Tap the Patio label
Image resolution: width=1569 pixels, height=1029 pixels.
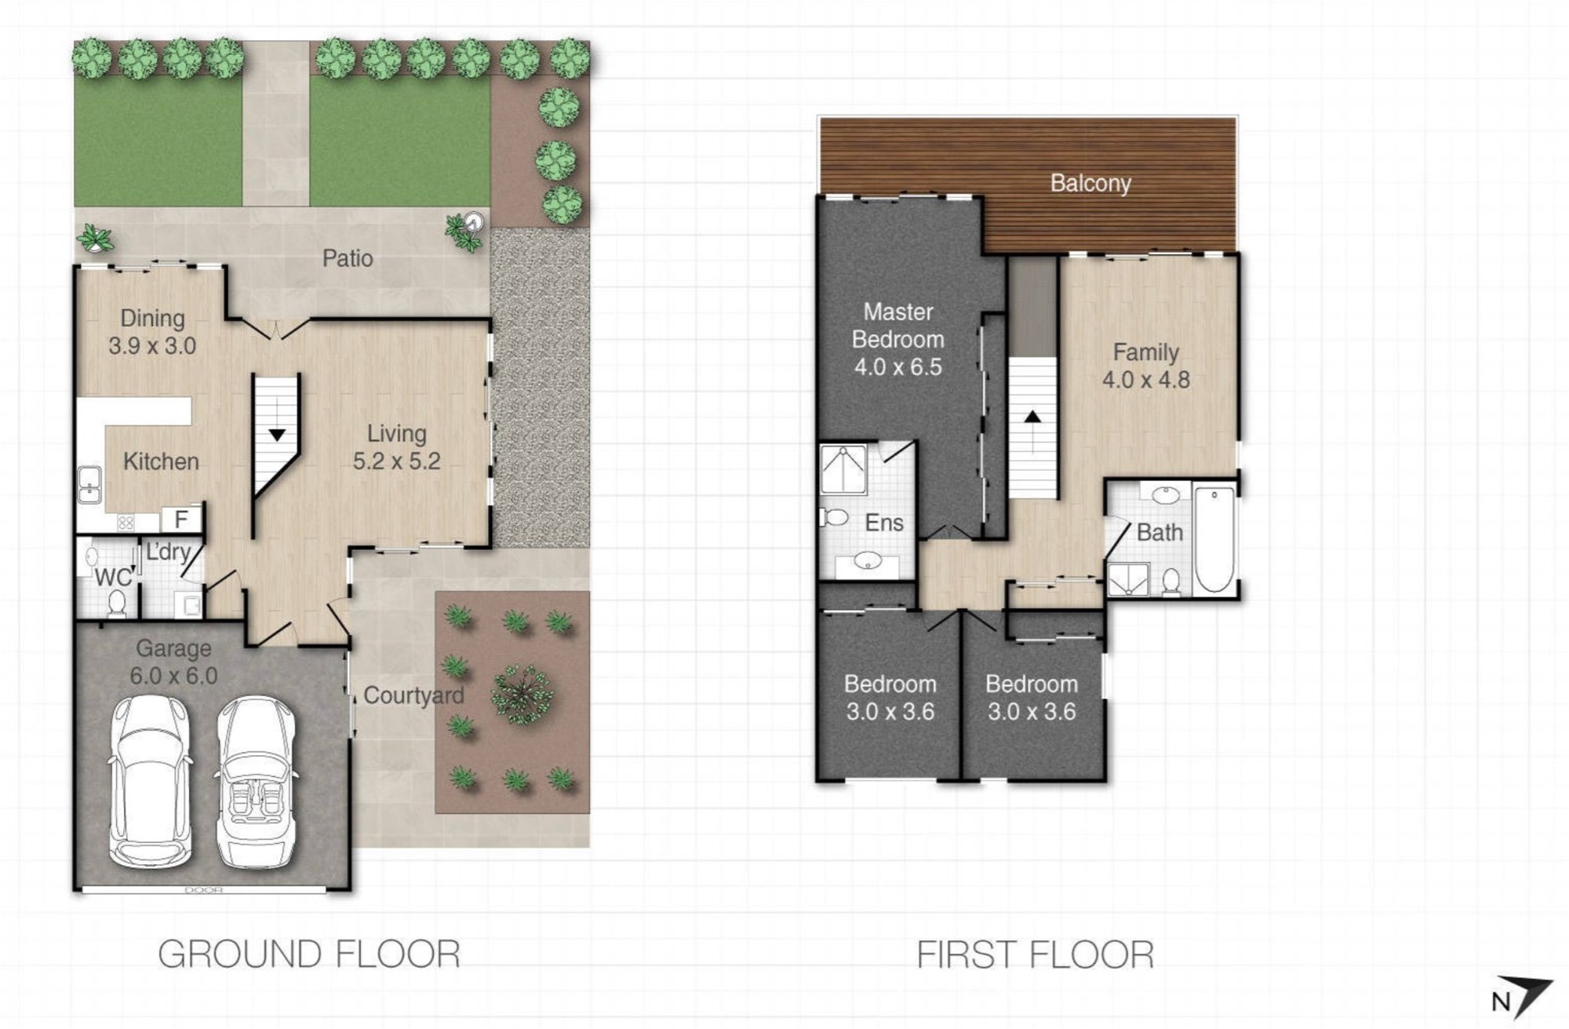click(348, 258)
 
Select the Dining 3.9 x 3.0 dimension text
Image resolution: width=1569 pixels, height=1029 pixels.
click(152, 345)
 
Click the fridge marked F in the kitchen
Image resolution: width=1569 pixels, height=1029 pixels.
click(181, 519)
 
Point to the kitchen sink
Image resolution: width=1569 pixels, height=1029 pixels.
click(89, 484)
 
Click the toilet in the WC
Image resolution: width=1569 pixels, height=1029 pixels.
click(117, 603)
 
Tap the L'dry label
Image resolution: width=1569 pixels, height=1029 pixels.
click(168, 552)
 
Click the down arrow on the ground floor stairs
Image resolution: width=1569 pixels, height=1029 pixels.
click(277, 435)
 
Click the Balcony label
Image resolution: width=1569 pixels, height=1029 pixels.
click(1090, 184)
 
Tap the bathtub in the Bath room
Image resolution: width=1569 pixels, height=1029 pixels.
click(1214, 539)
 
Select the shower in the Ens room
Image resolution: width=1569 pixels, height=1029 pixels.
click(843, 470)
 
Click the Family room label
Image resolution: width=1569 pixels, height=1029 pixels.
click(1146, 352)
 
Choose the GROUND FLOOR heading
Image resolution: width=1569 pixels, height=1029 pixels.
click(309, 954)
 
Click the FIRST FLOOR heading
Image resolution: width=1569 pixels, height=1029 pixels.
click(1036, 955)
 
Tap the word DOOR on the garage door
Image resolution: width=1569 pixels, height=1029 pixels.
click(204, 890)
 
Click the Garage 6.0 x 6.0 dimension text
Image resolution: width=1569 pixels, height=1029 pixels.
click(173, 676)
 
